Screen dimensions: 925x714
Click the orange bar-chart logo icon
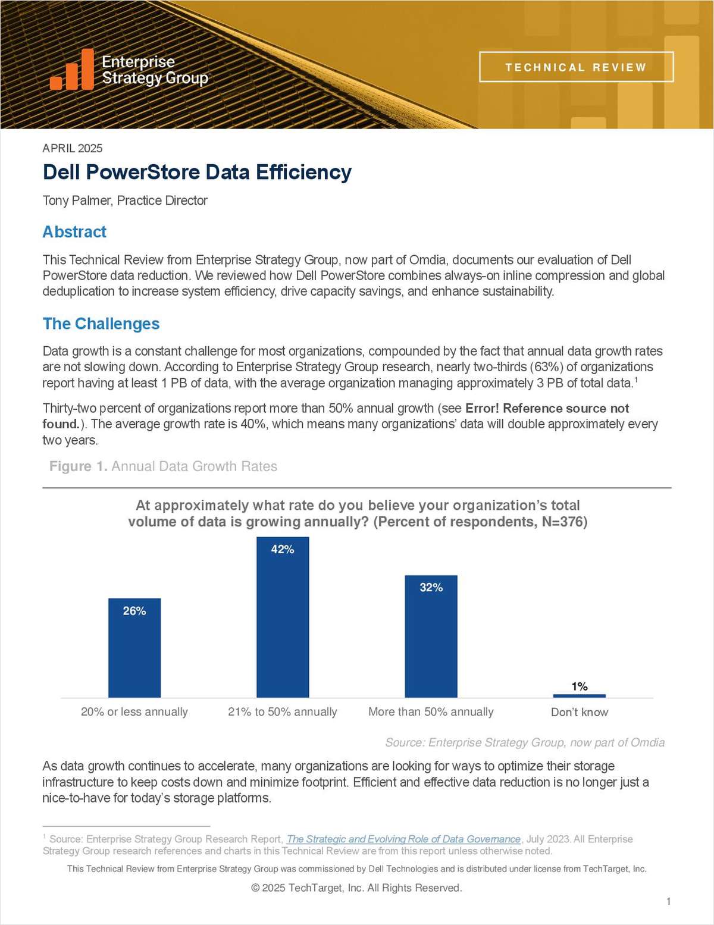click(x=72, y=70)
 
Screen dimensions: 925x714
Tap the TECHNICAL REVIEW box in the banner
click(x=576, y=67)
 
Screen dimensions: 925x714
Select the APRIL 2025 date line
click(x=73, y=148)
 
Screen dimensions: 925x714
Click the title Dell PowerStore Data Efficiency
click(x=197, y=173)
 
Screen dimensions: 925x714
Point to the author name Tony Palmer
click(x=77, y=200)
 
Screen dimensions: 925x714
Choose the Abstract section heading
click(x=74, y=232)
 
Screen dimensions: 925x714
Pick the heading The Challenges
click(x=101, y=324)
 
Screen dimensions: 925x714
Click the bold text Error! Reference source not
click(x=547, y=408)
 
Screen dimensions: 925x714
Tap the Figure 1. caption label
click(x=78, y=466)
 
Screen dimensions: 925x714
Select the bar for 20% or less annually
click(x=134, y=654)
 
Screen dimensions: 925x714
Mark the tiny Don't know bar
click(x=579, y=695)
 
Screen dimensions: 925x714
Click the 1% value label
click(x=579, y=686)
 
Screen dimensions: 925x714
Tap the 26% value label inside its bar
click(x=134, y=611)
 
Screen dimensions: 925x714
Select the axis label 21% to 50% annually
click(x=283, y=712)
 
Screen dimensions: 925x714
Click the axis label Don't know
click(x=579, y=712)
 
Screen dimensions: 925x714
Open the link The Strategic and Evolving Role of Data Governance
click(x=403, y=839)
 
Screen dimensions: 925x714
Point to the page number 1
click(x=669, y=901)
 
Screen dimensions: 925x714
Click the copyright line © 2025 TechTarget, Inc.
click(x=356, y=888)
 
